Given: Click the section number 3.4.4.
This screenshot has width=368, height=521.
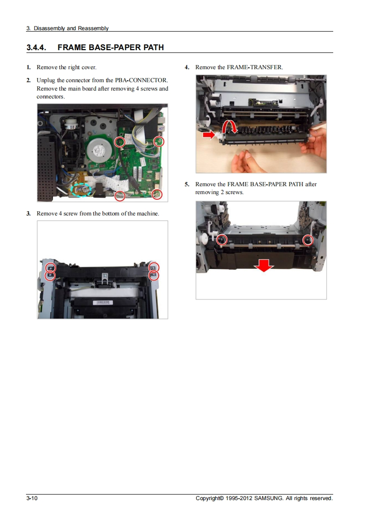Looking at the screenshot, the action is pos(36,47).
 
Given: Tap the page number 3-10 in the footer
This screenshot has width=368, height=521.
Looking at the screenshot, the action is pos(32,498).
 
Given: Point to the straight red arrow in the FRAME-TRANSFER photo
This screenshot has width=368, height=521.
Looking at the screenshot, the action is pos(209,135).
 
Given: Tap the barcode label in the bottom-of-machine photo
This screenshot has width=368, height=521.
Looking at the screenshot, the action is pos(104,303).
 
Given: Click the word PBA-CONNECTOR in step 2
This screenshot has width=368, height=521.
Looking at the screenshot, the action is pos(141,80).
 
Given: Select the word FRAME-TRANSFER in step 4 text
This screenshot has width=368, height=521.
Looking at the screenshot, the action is pos(255,67).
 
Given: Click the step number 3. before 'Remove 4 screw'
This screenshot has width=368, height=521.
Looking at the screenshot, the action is pos(29,214).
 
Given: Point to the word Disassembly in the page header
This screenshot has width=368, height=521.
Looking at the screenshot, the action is pos(49,28).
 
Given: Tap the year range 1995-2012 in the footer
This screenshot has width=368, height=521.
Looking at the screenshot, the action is pos(239,498).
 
